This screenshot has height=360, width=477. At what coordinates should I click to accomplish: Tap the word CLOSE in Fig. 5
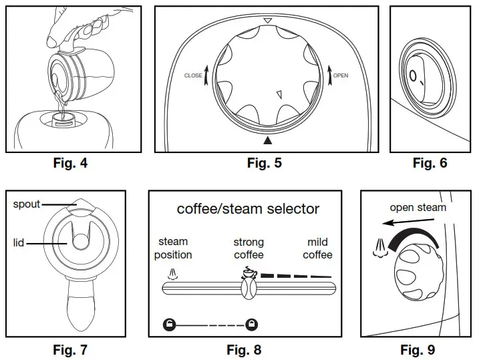[x=193, y=76]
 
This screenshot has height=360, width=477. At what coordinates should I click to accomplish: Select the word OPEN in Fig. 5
[x=340, y=75]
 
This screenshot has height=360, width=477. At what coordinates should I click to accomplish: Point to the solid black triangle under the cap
[x=269, y=140]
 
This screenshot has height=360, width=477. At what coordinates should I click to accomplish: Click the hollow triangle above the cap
[x=268, y=21]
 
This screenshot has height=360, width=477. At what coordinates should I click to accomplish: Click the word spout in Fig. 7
[x=27, y=204]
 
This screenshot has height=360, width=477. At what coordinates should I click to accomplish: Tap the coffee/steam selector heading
[x=248, y=209]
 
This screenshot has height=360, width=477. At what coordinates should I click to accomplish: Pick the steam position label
[x=173, y=248]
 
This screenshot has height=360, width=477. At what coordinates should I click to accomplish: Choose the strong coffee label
[x=249, y=248]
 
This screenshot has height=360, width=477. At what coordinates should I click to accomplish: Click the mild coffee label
[x=317, y=248]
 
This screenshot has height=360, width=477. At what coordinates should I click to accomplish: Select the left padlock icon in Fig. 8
[x=170, y=325]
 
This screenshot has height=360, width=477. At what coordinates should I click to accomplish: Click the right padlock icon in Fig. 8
[x=251, y=325]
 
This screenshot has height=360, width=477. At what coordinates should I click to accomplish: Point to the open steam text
[x=418, y=208]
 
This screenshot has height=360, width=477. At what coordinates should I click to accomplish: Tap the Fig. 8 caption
[x=244, y=349]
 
